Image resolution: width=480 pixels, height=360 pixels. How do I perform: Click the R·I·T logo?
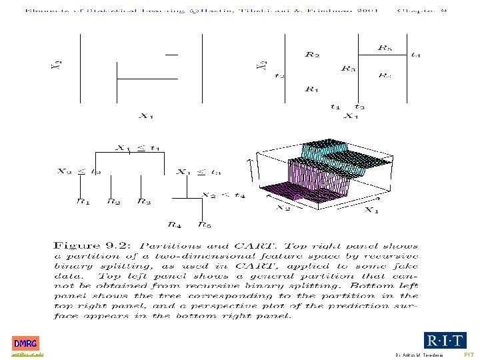tap(445, 341)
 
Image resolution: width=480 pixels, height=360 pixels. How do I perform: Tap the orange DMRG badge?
tap(25, 343)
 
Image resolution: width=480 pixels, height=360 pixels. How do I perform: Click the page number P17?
tap(469, 355)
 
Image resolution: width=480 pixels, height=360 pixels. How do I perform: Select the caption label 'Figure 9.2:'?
tap(84, 245)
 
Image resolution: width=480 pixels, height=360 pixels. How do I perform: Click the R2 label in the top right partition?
tap(312, 55)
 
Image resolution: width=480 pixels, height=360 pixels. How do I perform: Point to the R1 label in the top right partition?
tap(311, 88)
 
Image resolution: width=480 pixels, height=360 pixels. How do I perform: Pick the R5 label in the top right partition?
tap(385, 48)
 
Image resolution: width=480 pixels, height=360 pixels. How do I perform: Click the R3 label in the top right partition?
tap(348, 68)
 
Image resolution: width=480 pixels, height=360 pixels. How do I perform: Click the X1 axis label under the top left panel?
tap(146, 116)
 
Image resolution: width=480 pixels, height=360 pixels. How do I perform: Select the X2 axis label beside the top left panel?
tap(58, 64)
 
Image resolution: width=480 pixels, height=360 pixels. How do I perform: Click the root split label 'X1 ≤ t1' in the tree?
tap(138, 148)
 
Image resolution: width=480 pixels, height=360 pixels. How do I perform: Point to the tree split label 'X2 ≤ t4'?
tap(223, 195)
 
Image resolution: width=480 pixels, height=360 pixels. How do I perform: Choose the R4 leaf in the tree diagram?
tap(175, 225)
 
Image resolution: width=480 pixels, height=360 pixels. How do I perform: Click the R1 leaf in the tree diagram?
tap(83, 200)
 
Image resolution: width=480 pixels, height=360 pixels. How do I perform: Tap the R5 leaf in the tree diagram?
tap(205, 225)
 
